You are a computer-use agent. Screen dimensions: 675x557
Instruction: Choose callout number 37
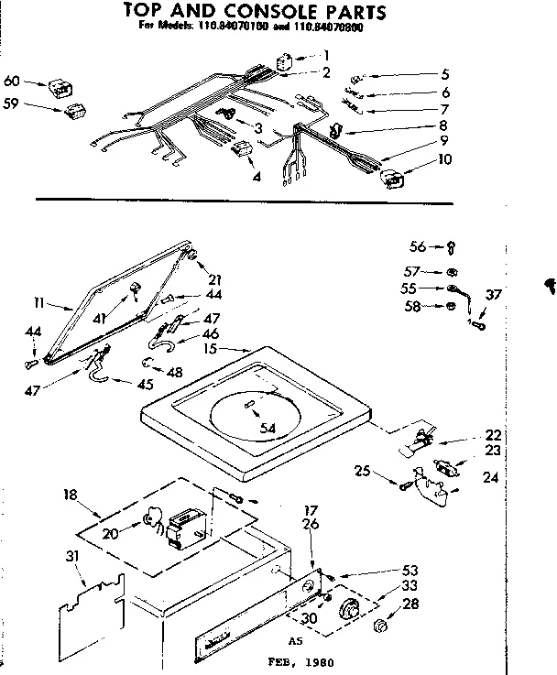coord(494,295)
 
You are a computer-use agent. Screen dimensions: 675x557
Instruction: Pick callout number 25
coord(363,471)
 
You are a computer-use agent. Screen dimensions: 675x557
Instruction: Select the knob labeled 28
coord(381,627)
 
